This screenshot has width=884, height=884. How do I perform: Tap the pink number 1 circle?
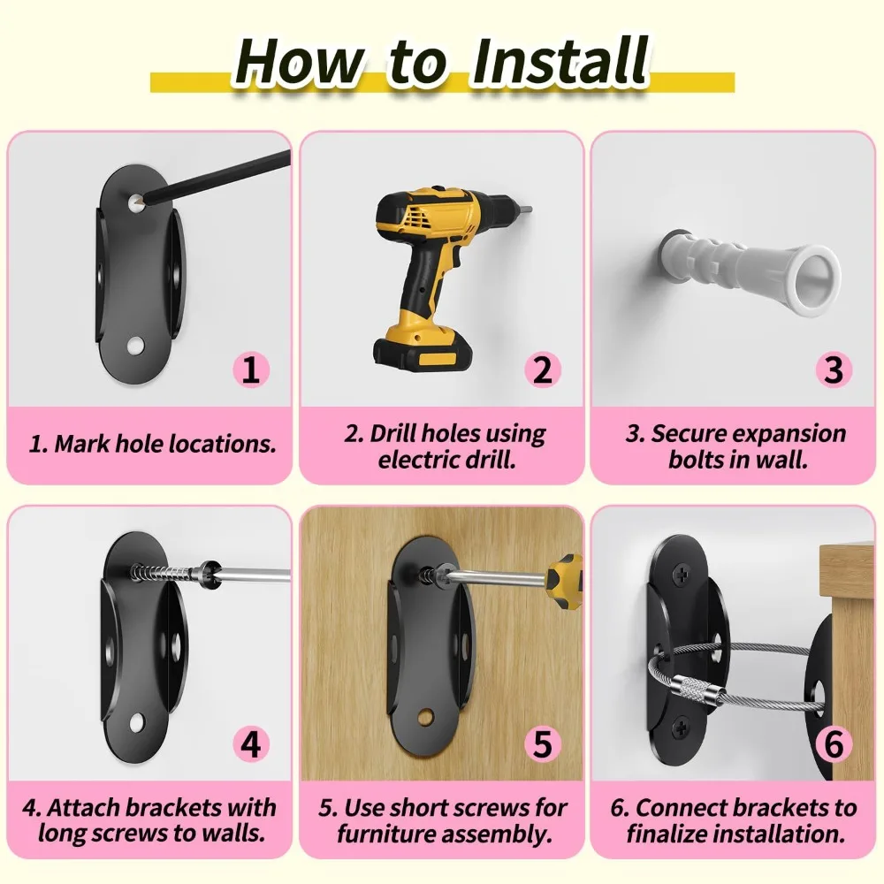pyautogui.click(x=251, y=370)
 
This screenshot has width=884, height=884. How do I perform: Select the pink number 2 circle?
pyautogui.click(x=543, y=370)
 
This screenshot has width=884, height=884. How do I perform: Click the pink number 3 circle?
pyautogui.click(x=833, y=370)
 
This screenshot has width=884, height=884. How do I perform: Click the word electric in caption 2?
pyautogui.click(x=416, y=460)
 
